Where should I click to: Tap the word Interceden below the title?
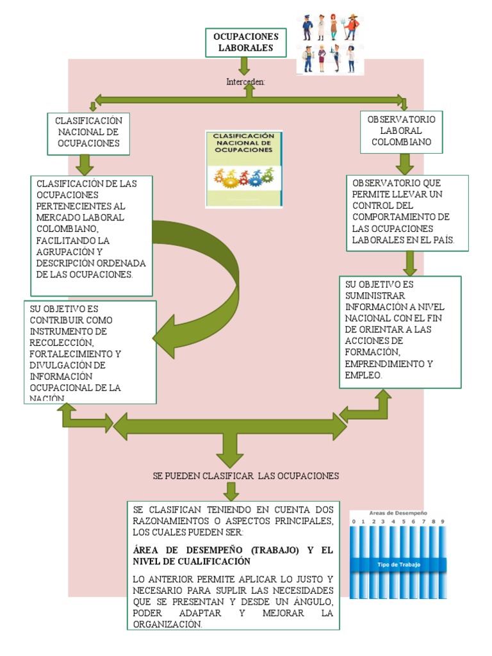(245, 83)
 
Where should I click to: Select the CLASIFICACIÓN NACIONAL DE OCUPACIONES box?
(88, 133)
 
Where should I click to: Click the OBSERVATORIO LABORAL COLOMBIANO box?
(401, 131)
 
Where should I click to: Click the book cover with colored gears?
(243, 169)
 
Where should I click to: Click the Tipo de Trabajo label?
(398, 564)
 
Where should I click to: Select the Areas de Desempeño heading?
(398, 513)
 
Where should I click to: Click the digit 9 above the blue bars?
(442, 522)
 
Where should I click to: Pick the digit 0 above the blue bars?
(353, 522)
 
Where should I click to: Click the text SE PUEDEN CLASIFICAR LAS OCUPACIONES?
(246, 476)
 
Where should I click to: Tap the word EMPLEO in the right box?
(363, 375)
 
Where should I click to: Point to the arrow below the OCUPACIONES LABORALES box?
(243, 65)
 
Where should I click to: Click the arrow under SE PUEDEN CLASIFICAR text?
(231, 491)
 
